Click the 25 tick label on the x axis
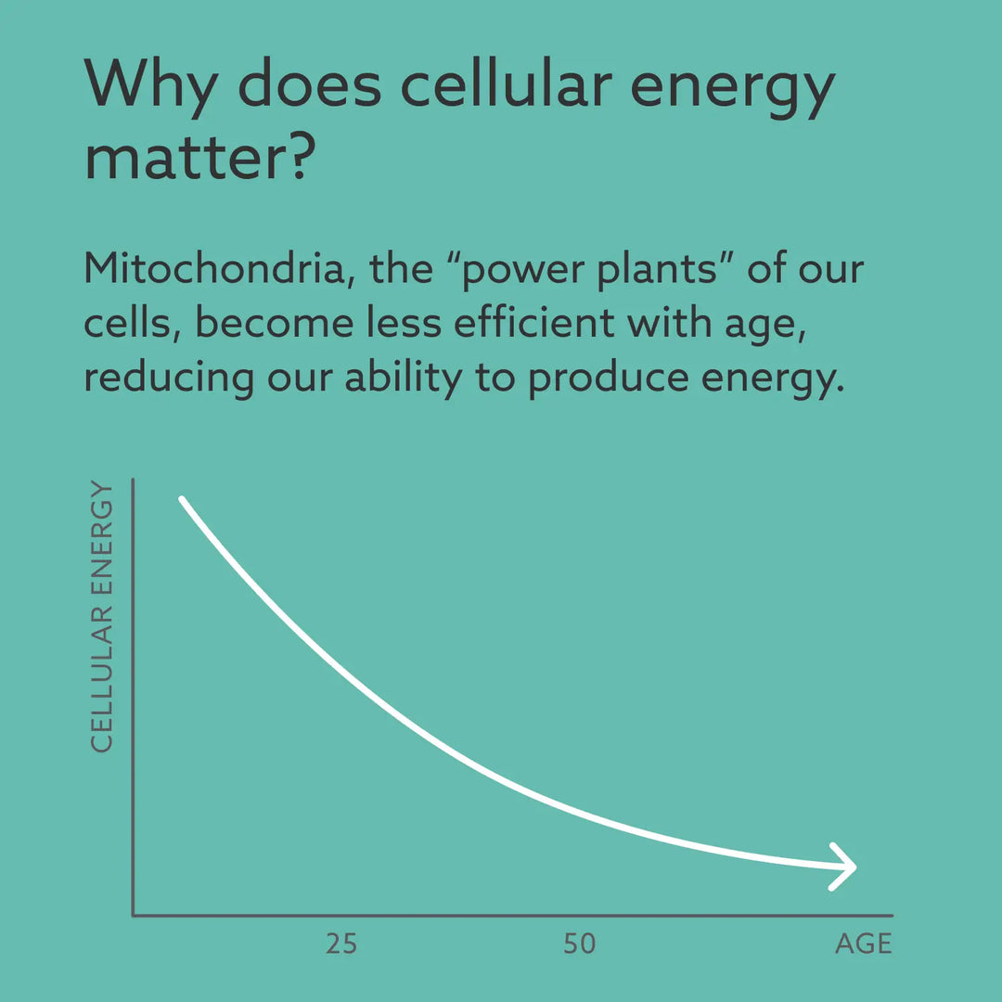click(341, 944)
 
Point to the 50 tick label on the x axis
click(579, 944)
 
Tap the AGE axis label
click(863, 944)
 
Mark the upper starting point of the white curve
click(182, 500)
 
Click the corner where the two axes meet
click(134, 915)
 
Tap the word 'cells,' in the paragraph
click(131, 324)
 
